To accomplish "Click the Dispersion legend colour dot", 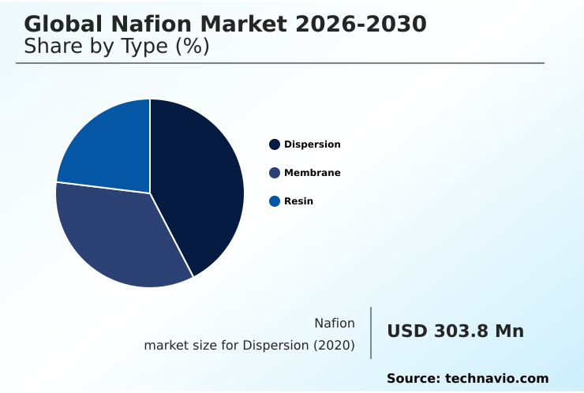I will coord(275,144).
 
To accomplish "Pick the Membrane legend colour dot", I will coord(275,173).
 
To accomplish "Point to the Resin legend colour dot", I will coord(275,201).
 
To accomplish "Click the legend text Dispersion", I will coord(313,144).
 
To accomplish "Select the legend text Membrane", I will coord(313,173).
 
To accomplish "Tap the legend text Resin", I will coord(298,201).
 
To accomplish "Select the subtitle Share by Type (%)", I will coord(117,47).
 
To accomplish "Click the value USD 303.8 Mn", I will coord(455,331).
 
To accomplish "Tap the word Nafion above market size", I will coord(335,323).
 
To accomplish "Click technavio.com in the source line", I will coord(496,379).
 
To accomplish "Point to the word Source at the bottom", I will coord(412,379).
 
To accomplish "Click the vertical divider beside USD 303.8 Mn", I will coord(371,333).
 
